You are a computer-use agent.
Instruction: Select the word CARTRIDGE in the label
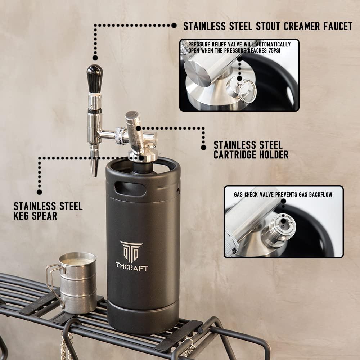point(240,155)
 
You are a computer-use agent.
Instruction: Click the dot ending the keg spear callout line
point(39,192)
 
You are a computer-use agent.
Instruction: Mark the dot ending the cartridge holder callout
point(204,147)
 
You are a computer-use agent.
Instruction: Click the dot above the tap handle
point(95,58)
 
